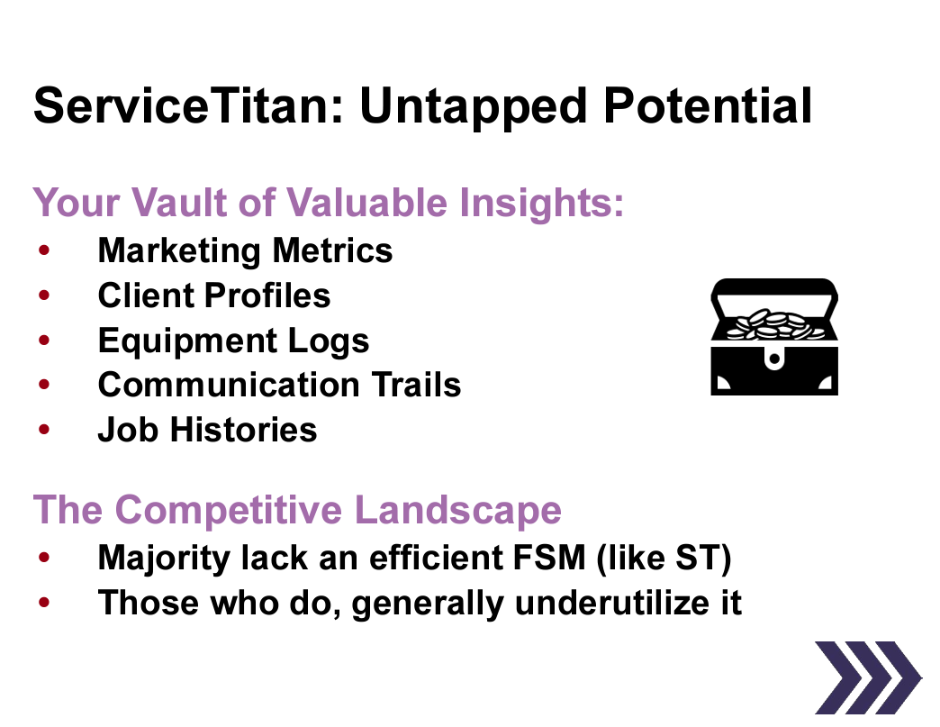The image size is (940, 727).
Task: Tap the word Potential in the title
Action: click(707, 106)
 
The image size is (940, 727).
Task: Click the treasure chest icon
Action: click(773, 337)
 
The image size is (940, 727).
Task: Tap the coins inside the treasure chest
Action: click(773, 323)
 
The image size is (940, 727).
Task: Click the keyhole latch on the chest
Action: click(773, 359)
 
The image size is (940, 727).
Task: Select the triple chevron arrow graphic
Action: click(867, 677)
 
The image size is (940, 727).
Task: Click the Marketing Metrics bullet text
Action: click(245, 250)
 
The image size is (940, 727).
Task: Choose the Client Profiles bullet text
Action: click(214, 295)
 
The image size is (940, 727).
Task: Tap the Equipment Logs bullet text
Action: click(233, 341)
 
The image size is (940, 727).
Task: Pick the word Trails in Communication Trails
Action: click(417, 385)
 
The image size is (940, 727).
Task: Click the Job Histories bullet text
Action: click(207, 430)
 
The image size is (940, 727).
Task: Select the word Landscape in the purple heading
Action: click(458, 510)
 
